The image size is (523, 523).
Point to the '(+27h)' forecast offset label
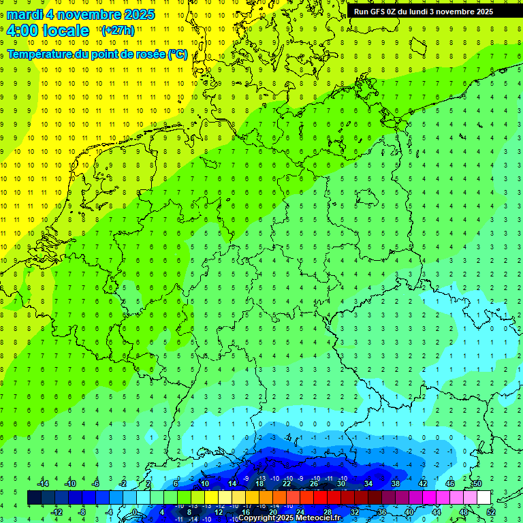click(x=118, y=31)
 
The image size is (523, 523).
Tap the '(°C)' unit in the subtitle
click(x=178, y=54)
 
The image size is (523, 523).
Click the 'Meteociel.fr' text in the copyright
click(x=318, y=518)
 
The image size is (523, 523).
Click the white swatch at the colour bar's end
click(x=484, y=498)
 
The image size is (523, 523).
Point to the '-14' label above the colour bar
click(x=42, y=483)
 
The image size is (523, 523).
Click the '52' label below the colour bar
click(x=491, y=512)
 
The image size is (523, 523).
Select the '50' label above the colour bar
click(x=477, y=483)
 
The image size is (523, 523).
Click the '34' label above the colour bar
click(x=368, y=483)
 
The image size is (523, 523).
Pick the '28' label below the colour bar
click(x=328, y=512)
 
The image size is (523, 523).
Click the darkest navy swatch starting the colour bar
click(x=35, y=498)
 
